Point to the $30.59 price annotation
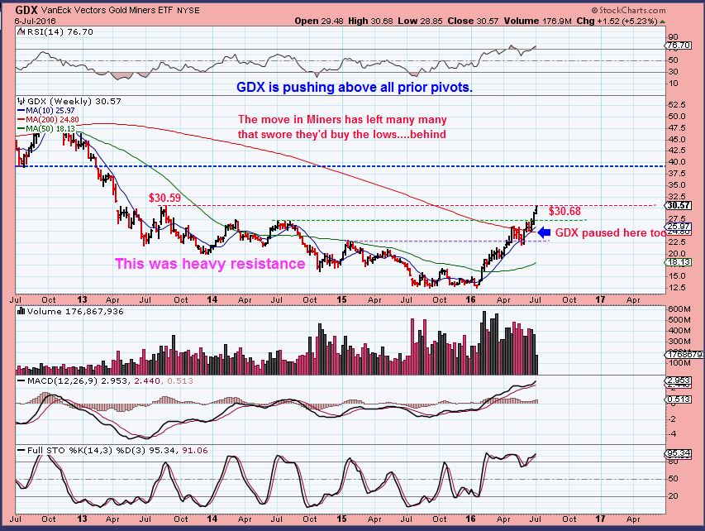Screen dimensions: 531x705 point(164,199)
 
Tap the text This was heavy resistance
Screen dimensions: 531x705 point(210,265)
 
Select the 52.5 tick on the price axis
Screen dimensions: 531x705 point(677,105)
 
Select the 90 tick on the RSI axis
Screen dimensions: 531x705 point(673,37)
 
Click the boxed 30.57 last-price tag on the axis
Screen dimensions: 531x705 point(679,204)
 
